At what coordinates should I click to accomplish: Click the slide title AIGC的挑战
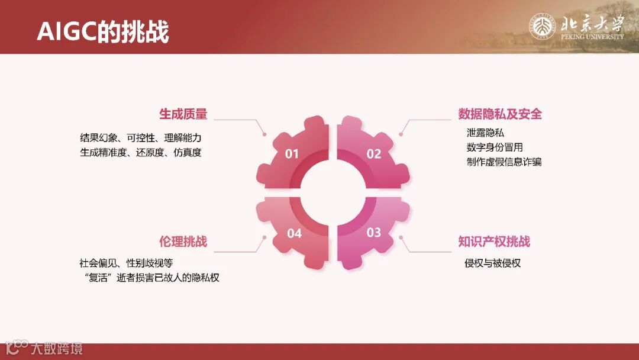[103, 31]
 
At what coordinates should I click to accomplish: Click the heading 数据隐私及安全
[500, 114]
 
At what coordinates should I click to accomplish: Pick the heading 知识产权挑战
[494, 242]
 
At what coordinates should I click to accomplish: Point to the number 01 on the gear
[292, 154]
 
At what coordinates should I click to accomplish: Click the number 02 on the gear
[374, 154]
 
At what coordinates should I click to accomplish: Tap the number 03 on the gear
[374, 232]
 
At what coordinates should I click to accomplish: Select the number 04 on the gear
[294, 233]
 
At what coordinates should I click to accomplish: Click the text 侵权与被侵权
[492, 263]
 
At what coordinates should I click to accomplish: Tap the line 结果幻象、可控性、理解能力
[141, 137]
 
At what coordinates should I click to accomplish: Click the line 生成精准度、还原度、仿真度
[141, 152]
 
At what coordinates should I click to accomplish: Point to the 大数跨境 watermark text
[57, 348]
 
